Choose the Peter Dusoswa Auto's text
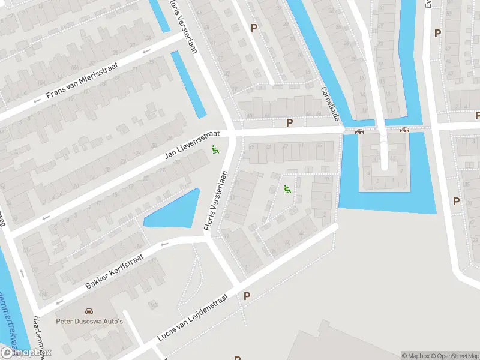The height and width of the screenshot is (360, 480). (x=89, y=322)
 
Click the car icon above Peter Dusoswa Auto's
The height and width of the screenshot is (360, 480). (x=89, y=312)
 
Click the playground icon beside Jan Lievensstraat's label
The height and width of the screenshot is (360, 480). (x=215, y=149)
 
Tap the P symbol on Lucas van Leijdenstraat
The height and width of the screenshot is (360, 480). (x=247, y=296)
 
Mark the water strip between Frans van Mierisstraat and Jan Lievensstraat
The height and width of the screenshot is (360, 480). (x=188, y=84)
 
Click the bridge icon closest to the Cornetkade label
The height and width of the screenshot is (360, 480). (x=360, y=131)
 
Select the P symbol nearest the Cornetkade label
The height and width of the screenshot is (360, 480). (x=290, y=123)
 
